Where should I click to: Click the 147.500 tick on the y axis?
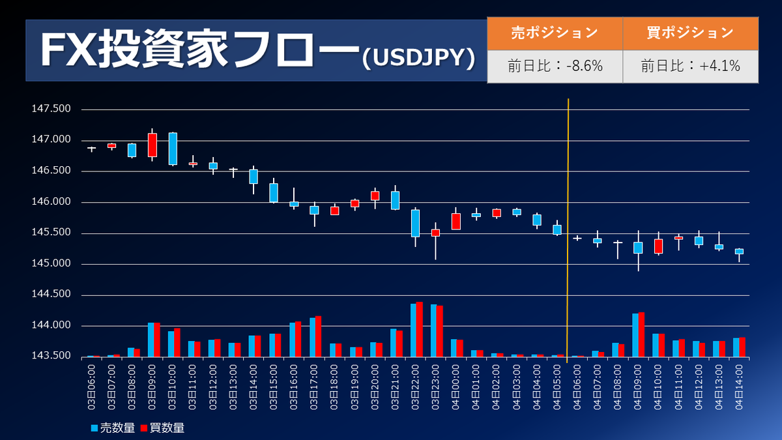pyautogui.click(x=51, y=109)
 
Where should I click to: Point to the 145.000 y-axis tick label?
pyautogui.click(x=51, y=264)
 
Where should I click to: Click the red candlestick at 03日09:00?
pyautogui.click(x=152, y=145)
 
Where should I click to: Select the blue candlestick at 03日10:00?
pyautogui.click(x=173, y=149)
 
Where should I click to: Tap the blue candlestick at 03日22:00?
pyautogui.click(x=415, y=223)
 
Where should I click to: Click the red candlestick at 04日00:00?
pyautogui.click(x=456, y=221)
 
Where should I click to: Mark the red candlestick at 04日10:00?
pyautogui.click(x=658, y=246)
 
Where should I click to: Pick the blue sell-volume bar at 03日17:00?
pyautogui.click(x=312, y=337)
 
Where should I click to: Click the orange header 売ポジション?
pyautogui.click(x=554, y=32)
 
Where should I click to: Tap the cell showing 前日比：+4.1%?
pyautogui.click(x=690, y=66)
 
